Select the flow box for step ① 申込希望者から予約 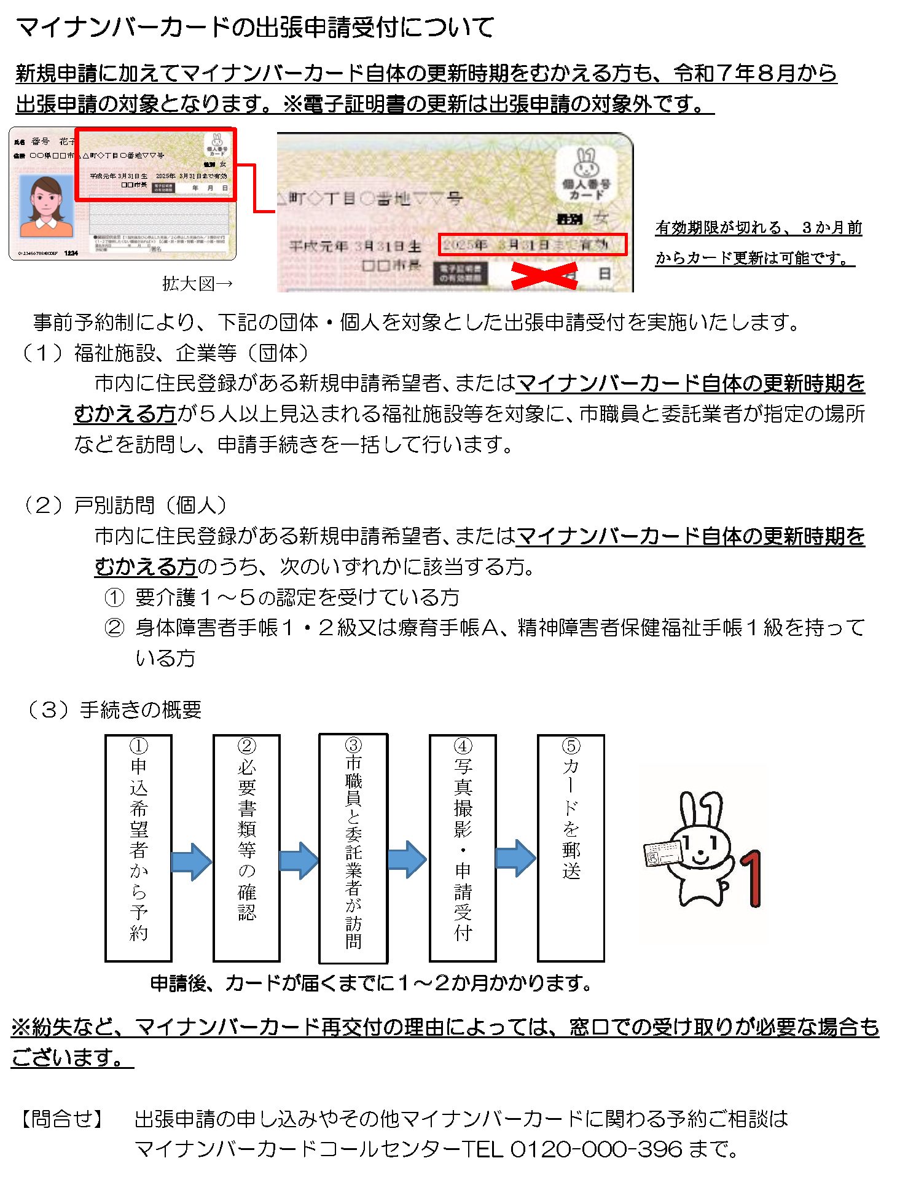(x=138, y=848)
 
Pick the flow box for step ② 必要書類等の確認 (x=246, y=848)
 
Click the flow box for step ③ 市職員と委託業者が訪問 (x=353, y=848)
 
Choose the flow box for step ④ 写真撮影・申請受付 (x=463, y=848)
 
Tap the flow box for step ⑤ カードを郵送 (x=571, y=848)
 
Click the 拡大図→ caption (x=197, y=284)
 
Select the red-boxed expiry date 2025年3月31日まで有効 (x=532, y=244)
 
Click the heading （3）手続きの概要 (x=113, y=710)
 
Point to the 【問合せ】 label (x=61, y=1118)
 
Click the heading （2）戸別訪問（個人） (x=125, y=505)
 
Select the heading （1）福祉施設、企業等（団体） (x=166, y=353)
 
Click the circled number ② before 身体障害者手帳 (x=114, y=627)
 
